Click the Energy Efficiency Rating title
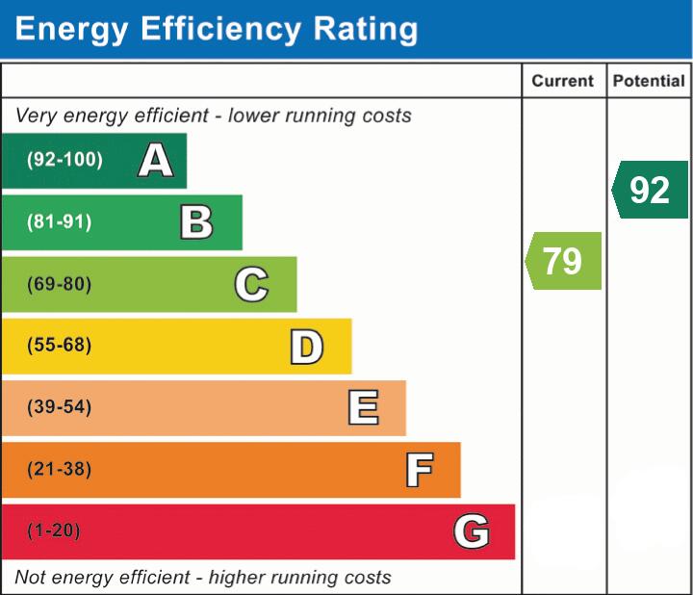[x=217, y=30]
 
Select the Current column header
[x=563, y=82]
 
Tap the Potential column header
[x=649, y=82]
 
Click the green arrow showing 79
[x=564, y=261]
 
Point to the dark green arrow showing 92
[x=651, y=190]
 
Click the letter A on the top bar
[x=156, y=161]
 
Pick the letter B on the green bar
[x=196, y=222]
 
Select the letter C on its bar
[x=251, y=284]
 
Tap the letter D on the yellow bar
[x=306, y=347]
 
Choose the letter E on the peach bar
[x=363, y=408]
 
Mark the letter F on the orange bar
[x=419, y=470]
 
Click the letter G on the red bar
[x=472, y=531]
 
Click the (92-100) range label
[x=64, y=160]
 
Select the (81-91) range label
[x=60, y=222]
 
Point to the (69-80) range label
[x=60, y=284]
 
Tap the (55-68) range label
[x=60, y=346]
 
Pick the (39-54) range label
[x=60, y=407]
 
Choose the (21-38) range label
[x=60, y=470]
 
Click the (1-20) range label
[x=55, y=531]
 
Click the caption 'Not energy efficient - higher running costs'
[x=203, y=578]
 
